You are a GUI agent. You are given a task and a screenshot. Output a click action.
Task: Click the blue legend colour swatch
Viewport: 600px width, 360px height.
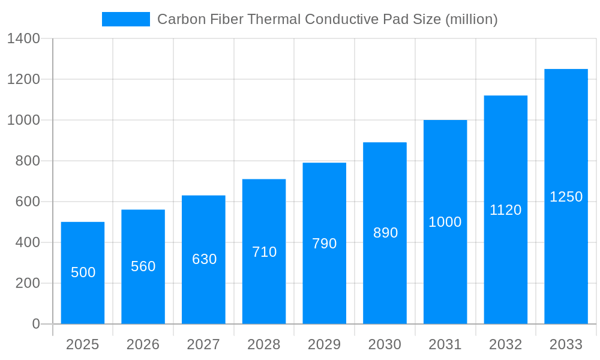126,19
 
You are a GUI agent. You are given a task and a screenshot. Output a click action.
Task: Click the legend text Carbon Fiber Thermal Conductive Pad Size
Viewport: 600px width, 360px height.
327,19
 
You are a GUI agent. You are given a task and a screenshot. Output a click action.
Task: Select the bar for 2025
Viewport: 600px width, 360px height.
83,273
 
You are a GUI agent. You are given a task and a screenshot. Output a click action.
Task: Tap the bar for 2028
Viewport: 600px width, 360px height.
264,251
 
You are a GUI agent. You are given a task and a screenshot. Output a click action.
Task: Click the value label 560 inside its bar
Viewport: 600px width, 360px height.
143,266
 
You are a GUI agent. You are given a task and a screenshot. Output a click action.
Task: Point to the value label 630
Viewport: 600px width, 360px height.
204,259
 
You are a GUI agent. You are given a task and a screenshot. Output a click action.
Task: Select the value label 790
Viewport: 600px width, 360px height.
325,244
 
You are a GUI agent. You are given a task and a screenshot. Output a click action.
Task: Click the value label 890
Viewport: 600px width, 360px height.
385,233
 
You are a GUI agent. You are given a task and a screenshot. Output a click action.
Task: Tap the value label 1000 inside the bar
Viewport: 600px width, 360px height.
445,222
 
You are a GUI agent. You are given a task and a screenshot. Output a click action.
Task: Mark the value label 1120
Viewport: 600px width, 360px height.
506,210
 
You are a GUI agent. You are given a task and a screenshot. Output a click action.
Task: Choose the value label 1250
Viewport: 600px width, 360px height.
566,197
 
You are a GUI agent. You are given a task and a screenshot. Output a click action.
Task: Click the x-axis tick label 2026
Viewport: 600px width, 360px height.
143,344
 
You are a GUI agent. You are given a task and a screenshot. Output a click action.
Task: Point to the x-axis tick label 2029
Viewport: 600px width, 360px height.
325,344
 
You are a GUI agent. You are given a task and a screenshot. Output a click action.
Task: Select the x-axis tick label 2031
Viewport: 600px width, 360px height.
445,344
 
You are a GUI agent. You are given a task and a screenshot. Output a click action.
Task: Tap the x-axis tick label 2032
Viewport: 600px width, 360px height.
506,344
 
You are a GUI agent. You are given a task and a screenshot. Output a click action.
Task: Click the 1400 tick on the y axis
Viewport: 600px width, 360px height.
23,39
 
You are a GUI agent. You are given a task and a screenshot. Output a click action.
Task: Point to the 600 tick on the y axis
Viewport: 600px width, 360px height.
28,202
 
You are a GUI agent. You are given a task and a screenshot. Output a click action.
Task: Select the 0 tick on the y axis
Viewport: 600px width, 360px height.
35,324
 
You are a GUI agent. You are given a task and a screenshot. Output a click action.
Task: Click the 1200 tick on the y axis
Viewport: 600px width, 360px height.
23,79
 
